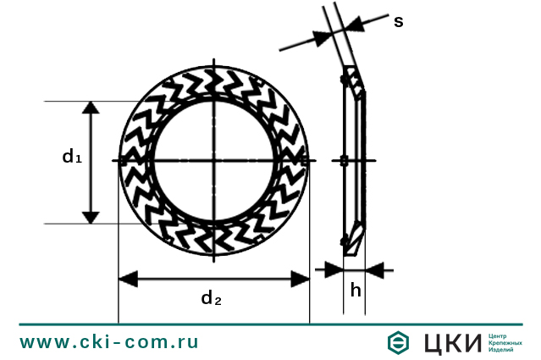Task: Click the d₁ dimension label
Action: coord(72,156)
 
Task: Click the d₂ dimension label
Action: coord(211,298)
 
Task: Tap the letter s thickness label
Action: coord(399,21)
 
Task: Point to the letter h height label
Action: coord(356,290)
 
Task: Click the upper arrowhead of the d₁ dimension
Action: coord(91,108)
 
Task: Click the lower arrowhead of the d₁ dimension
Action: coord(91,218)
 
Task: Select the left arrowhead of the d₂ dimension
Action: coord(129,279)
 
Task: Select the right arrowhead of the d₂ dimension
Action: coord(300,279)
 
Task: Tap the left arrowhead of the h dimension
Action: coord(334,270)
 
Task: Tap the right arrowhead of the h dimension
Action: coord(375,270)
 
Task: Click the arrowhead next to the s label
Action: coord(355,25)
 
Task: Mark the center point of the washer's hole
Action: coord(214,160)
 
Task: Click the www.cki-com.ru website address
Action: coord(109,342)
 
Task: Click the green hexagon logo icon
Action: coord(398,342)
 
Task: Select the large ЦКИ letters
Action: coord(453,343)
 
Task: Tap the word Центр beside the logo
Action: coord(498,335)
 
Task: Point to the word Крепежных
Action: coord(505,343)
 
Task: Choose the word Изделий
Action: coord(500,350)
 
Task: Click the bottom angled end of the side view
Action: coord(355,239)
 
